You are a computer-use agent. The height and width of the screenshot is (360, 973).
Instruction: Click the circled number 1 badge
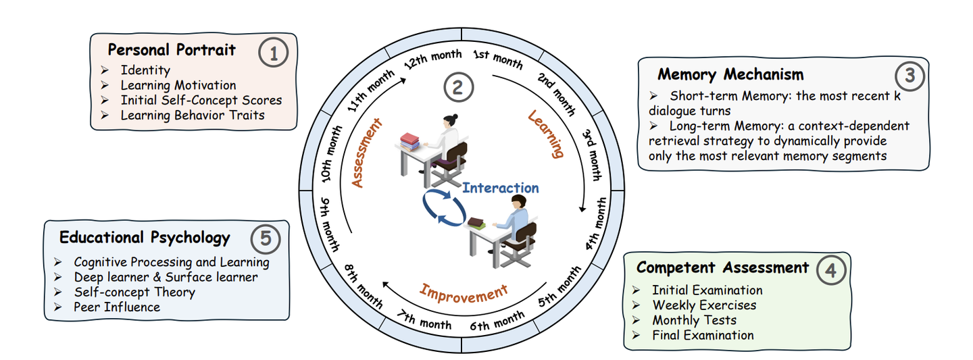[274, 53]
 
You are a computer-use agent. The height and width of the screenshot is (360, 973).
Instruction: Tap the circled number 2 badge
[459, 87]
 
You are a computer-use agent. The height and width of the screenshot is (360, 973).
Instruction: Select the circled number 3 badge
[910, 76]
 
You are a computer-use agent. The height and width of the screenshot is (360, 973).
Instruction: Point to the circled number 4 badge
[830, 270]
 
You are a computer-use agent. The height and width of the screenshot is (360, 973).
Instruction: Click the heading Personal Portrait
[172, 50]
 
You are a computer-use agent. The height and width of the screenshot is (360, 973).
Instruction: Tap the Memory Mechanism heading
[730, 74]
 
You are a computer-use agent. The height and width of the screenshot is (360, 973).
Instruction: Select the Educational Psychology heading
[145, 238]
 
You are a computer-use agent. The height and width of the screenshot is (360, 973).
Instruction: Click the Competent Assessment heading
[722, 267]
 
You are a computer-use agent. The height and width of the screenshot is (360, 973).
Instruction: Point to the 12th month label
[432, 59]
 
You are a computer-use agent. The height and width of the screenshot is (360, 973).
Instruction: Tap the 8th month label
[363, 284]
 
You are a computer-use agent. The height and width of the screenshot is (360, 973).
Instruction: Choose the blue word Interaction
[501, 188]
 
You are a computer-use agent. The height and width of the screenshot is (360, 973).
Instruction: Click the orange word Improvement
[463, 292]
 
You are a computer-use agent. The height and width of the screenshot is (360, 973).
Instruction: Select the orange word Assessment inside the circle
[367, 153]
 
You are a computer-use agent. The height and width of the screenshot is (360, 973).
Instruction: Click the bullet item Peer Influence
[117, 307]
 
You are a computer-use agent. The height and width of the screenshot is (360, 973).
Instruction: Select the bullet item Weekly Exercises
[704, 305]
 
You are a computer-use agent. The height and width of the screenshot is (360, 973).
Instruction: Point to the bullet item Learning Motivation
[178, 85]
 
